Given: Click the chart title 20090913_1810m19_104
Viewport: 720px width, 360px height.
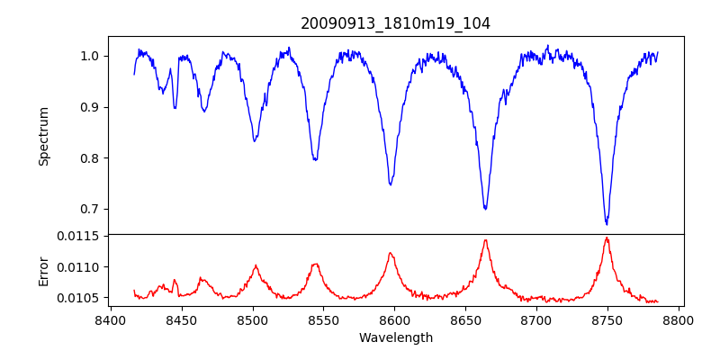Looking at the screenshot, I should tap(395, 23).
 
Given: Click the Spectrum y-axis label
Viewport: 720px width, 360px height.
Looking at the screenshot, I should tap(43, 135).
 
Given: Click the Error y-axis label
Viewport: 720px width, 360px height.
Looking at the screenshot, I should tap(43, 270).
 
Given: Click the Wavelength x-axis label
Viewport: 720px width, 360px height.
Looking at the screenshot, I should tap(395, 338).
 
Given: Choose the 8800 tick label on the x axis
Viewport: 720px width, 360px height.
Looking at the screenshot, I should tap(679, 319).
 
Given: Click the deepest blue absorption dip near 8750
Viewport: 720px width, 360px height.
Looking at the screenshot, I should tap(607, 223).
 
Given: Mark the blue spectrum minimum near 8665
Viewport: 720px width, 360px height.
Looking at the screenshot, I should tap(485, 209).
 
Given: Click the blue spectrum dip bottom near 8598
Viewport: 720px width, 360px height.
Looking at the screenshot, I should tap(391, 184).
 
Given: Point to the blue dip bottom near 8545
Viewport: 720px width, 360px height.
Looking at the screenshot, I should tap(315, 159).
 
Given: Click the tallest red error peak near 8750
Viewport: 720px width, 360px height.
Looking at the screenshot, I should tap(607, 238).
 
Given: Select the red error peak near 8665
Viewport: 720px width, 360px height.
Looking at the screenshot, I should tap(485, 239).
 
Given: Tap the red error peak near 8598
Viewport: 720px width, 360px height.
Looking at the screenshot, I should tap(391, 253).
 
